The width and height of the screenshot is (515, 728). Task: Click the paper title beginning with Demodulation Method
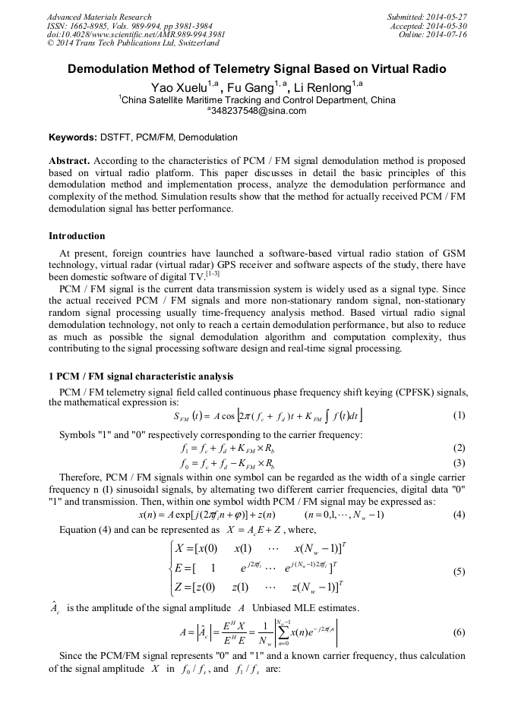pyautogui.click(x=257, y=69)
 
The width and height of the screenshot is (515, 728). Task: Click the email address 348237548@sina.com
pyautogui.click(x=257, y=111)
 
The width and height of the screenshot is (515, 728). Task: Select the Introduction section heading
pyautogui.click(x=77, y=236)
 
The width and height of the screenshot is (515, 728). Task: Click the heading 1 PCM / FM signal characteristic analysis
pyautogui.click(x=141, y=377)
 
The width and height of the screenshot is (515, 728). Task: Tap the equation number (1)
pyautogui.click(x=458, y=415)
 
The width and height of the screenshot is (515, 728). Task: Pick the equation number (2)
pyautogui.click(x=458, y=448)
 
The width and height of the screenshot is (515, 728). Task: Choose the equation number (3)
pyautogui.click(x=458, y=463)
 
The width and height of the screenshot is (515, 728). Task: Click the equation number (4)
pyautogui.click(x=458, y=514)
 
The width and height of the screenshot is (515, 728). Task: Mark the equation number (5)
pyautogui.click(x=458, y=571)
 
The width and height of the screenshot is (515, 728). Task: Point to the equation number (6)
pyautogui.click(x=458, y=632)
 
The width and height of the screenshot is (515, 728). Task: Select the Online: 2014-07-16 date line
pyautogui.click(x=432, y=35)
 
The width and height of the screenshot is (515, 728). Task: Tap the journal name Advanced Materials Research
pyautogui.click(x=100, y=17)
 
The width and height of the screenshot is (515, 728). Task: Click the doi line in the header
pyautogui.click(x=136, y=35)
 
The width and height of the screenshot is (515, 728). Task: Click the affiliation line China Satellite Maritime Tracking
pyautogui.click(x=257, y=99)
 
